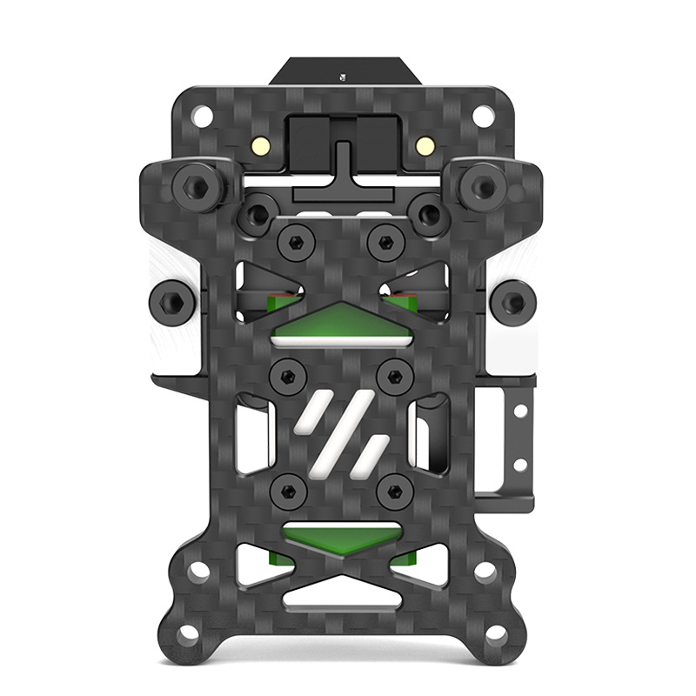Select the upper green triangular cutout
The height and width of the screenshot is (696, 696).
[342, 325]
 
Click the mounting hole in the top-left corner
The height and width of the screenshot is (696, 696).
[203, 114]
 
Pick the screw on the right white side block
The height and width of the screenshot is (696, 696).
[514, 302]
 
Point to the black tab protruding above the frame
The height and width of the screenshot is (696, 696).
[342, 71]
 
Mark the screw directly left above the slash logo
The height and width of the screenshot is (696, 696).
[286, 377]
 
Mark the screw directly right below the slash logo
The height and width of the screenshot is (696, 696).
[396, 490]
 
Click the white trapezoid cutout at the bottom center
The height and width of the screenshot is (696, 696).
[341, 596]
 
